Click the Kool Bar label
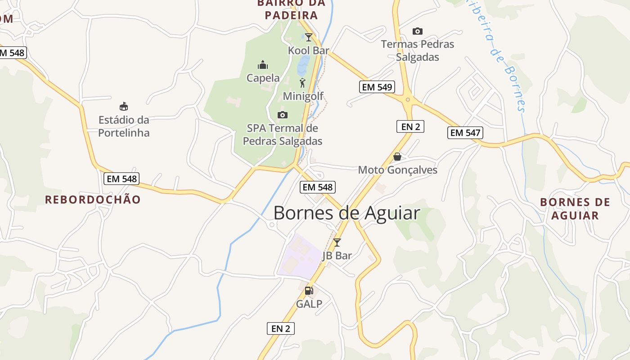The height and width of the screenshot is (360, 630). pyautogui.click(x=309, y=50)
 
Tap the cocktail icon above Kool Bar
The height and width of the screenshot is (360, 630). pyautogui.click(x=309, y=37)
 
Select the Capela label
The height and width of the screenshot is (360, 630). pyautogui.click(x=263, y=78)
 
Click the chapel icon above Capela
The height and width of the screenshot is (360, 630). pyautogui.click(x=263, y=65)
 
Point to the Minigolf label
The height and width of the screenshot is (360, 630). pyautogui.click(x=303, y=96)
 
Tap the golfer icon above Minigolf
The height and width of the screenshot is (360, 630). pyautogui.click(x=302, y=83)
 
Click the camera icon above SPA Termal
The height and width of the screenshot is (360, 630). pyautogui.click(x=283, y=115)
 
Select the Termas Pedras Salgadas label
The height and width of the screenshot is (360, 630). pyautogui.click(x=418, y=50)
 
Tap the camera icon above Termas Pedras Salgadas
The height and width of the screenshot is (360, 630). pyautogui.click(x=418, y=31)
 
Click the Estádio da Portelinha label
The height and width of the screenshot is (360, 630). pyautogui.click(x=124, y=126)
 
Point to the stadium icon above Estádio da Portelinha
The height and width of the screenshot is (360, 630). pyautogui.click(x=124, y=107)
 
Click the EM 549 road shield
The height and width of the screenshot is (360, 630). pyautogui.click(x=377, y=87)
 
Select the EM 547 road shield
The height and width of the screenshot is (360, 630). pyautogui.click(x=465, y=133)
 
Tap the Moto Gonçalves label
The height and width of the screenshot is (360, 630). pyautogui.click(x=398, y=170)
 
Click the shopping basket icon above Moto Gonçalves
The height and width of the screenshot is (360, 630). pyautogui.click(x=397, y=157)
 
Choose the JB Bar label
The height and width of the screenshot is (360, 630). pyautogui.click(x=337, y=256)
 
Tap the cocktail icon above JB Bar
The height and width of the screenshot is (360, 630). pyautogui.click(x=337, y=243)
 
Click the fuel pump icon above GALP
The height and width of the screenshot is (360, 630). pyautogui.click(x=309, y=291)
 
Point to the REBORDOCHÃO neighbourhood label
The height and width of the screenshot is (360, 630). pyautogui.click(x=93, y=199)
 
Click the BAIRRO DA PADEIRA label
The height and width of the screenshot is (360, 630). pyautogui.click(x=291, y=9)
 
